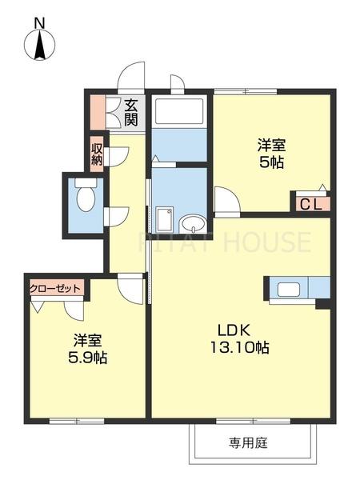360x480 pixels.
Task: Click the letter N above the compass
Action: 38,23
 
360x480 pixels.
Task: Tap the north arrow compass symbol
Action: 38,46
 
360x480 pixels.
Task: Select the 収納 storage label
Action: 97,153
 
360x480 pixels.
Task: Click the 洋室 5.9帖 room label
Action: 85,348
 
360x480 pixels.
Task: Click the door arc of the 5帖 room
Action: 226,201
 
